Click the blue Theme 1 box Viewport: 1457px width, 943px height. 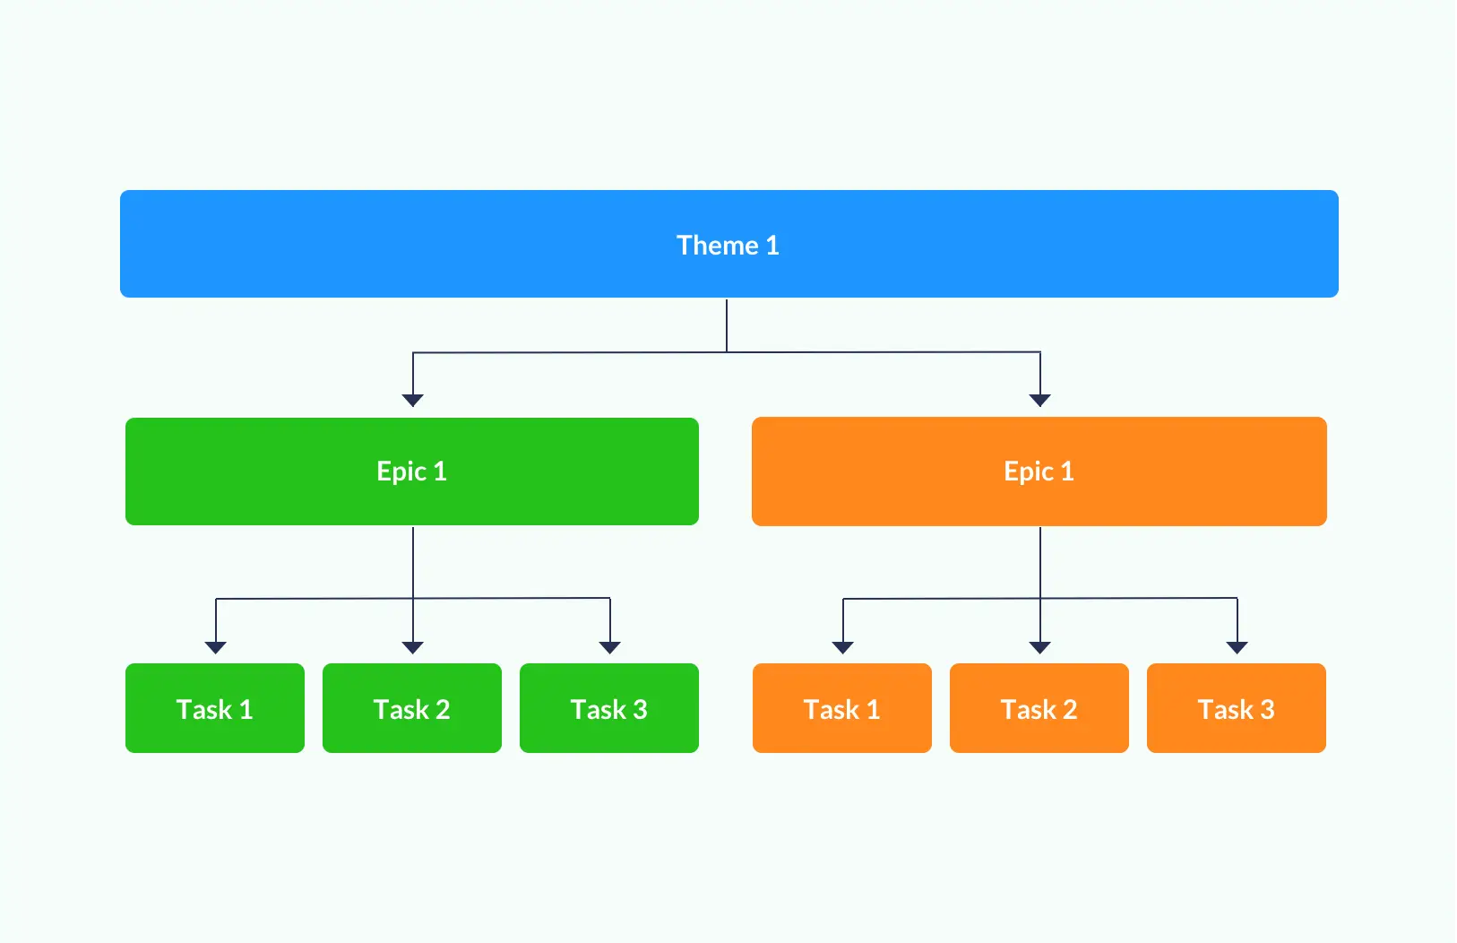(729, 244)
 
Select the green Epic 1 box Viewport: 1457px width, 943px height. (412, 471)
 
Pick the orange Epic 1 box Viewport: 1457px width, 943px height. (1039, 471)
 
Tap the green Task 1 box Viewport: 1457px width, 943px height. (215, 708)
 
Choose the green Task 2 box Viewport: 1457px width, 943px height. (412, 708)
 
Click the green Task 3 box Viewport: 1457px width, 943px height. (609, 708)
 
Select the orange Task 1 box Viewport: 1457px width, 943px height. (842, 708)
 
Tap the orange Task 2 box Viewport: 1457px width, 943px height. (1039, 708)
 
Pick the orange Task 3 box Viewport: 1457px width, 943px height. (1237, 708)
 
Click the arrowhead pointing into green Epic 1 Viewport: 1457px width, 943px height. (413, 401)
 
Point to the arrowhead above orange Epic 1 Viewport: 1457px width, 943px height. (1040, 401)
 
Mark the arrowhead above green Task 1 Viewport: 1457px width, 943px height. (216, 647)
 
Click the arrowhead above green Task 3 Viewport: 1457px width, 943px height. (610, 647)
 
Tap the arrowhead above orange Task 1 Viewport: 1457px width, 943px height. (843, 647)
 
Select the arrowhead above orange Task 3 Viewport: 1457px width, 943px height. (1237, 647)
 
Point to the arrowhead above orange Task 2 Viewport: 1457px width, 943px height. (1040, 647)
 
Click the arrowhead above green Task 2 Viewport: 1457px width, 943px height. (413, 647)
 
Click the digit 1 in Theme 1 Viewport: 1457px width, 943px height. (772, 246)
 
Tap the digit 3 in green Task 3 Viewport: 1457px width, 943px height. (640, 709)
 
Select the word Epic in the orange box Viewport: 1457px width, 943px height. (1029, 471)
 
